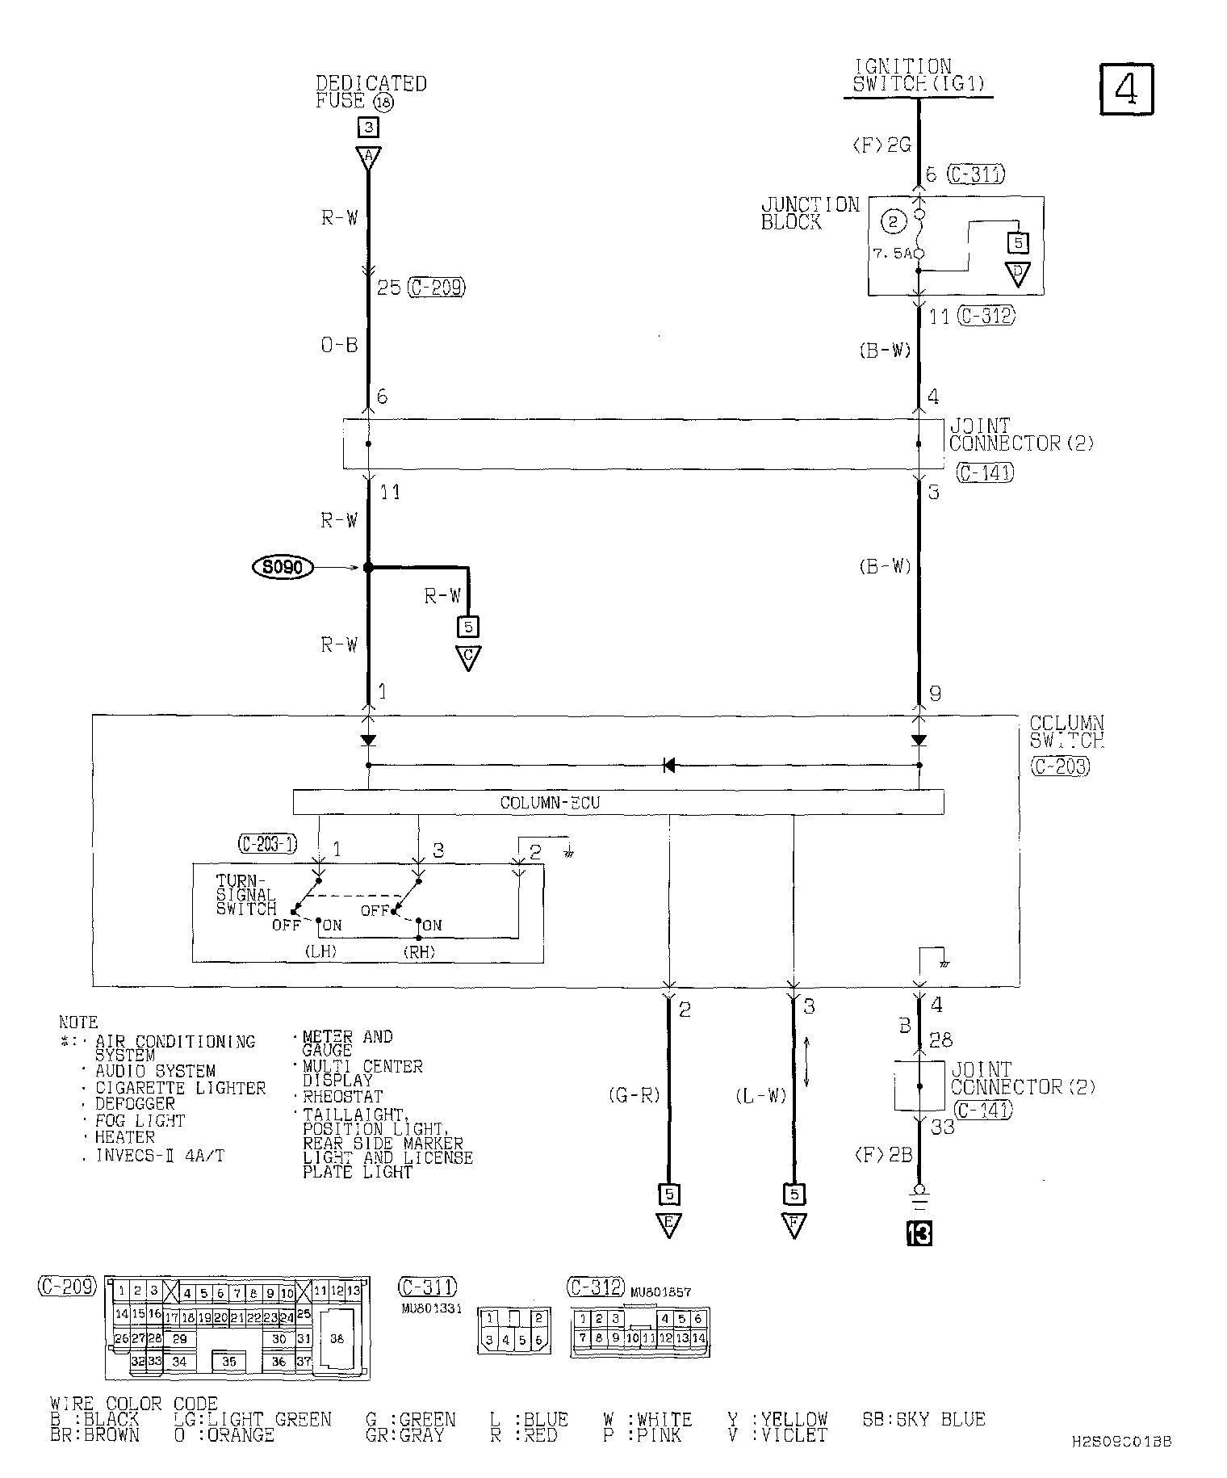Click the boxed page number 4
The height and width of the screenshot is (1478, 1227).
[1127, 90]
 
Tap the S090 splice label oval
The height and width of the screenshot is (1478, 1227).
[283, 568]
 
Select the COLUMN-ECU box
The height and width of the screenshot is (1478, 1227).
[618, 802]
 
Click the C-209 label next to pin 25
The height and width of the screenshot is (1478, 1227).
[437, 288]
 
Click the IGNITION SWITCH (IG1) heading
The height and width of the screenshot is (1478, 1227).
[918, 76]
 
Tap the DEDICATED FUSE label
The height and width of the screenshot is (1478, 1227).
[370, 92]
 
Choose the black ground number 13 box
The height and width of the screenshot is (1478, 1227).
[919, 1233]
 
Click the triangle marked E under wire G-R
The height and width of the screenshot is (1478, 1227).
[668, 1224]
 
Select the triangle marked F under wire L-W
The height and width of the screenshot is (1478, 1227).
[794, 1224]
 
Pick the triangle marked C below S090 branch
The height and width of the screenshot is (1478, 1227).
[468, 657]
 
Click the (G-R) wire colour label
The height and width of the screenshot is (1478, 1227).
[634, 1096]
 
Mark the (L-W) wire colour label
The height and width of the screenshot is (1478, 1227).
[760, 1096]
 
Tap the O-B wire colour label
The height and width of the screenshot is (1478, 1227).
[339, 345]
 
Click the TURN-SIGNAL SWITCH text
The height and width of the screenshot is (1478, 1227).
[245, 895]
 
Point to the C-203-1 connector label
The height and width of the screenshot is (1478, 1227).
[268, 845]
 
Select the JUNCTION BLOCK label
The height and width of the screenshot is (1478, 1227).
[810, 213]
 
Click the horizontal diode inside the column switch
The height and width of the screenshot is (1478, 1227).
[668, 765]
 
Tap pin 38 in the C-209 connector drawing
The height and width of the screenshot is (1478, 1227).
[337, 1338]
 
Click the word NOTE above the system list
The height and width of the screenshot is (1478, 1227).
[78, 1022]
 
